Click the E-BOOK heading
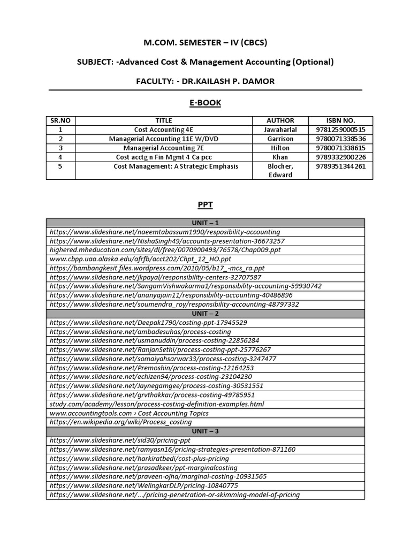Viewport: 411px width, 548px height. (x=205, y=103)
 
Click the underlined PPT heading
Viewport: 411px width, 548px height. (x=205, y=204)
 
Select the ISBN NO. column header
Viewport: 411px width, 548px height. (x=340, y=120)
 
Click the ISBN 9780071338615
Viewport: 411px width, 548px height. (x=340, y=148)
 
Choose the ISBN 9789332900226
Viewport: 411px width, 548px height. (x=340, y=157)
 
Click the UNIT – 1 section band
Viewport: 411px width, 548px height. (x=205, y=223)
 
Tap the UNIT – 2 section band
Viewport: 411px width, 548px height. (x=205, y=314)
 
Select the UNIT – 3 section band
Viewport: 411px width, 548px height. (x=205, y=431)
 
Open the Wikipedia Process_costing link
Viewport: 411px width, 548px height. (x=120, y=422)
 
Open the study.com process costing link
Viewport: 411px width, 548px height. (x=157, y=404)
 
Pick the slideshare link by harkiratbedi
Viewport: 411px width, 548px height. (x=139, y=458)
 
